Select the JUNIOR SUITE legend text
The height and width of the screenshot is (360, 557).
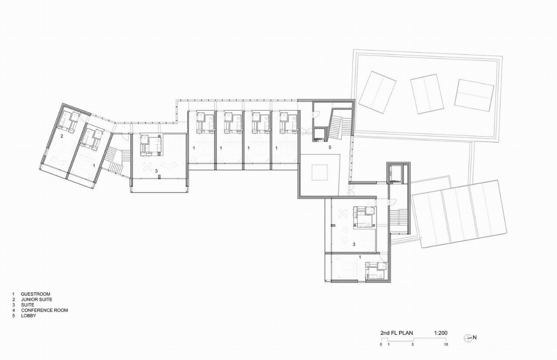[x=38, y=299]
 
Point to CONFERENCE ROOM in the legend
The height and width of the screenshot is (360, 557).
[x=44, y=310]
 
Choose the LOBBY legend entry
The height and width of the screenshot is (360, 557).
[x=28, y=316]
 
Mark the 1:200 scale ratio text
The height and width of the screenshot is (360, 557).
[x=441, y=333]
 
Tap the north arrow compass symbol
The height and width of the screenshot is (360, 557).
[x=468, y=337]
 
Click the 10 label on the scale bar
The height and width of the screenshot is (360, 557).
[x=446, y=346]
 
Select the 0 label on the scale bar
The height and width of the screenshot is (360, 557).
[x=382, y=346]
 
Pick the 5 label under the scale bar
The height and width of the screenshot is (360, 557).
[x=413, y=346]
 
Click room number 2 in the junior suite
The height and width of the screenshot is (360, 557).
[x=62, y=135]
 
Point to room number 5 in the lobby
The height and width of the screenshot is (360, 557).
[x=330, y=148]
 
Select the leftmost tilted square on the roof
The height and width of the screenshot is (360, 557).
[x=377, y=90]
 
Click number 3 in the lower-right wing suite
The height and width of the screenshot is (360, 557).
[x=354, y=244]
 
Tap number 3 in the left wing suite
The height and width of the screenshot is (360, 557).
[x=157, y=171]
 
